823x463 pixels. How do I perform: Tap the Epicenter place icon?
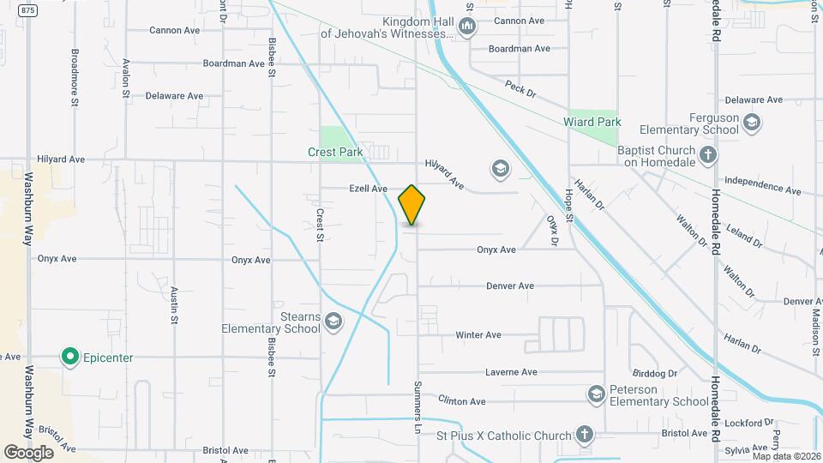(69, 357)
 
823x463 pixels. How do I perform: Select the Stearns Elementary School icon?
(333, 322)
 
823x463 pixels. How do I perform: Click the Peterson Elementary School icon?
(596, 394)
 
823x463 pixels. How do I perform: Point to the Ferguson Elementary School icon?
(752, 123)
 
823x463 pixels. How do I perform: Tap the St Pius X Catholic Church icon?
(585, 435)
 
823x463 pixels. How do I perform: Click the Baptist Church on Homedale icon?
(707, 155)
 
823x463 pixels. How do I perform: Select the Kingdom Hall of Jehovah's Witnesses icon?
(467, 27)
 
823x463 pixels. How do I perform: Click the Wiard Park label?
(592, 123)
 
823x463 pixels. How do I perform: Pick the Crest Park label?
(335, 152)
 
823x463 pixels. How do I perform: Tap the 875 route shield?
(28, 9)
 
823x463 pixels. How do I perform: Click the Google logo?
(27, 452)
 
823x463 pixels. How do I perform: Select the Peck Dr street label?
(520, 88)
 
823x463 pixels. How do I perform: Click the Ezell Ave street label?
(368, 189)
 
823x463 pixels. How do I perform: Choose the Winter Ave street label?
(478, 334)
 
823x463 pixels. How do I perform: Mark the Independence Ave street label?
(762, 185)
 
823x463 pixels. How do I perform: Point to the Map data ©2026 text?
(786, 456)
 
